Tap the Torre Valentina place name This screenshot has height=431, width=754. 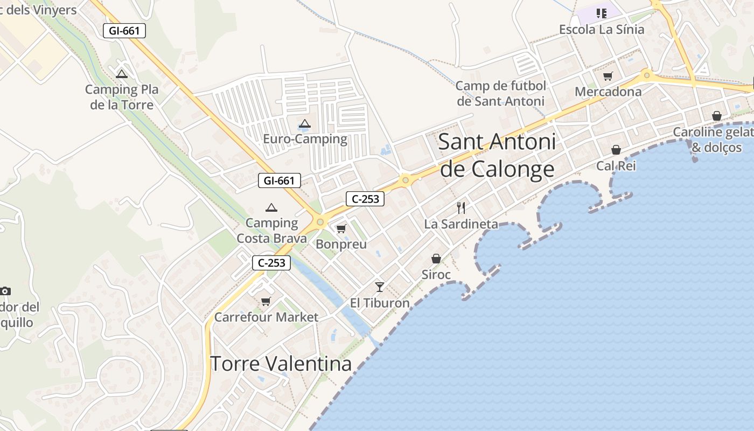click(281, 364)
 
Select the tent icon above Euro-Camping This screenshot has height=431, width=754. click(305, 124)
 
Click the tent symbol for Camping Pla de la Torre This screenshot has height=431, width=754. click(122, 74)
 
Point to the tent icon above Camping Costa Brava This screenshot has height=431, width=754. click(271, 207)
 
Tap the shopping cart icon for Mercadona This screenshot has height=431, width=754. click(608, 77)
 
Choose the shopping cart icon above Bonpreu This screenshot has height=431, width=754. click(341, 229)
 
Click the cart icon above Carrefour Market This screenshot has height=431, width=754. click(266, 301)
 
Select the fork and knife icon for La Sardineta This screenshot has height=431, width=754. click(461, 208)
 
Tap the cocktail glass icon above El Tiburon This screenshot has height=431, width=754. click(380, 287)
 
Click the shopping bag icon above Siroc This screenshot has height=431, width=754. click(436, 259)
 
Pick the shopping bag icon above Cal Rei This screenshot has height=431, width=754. click(616, 150)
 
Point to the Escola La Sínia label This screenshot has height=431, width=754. click(602, 29)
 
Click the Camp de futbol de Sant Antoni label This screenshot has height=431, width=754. click(501, 93)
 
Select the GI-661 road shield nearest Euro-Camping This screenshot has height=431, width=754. click(279, 180)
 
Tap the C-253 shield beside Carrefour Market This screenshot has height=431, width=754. click(271, 263)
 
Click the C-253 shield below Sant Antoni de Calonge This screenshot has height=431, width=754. click(365, 199)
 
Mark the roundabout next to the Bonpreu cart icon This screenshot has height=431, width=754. click(320, 221)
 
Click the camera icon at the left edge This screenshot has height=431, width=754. click(5, 291)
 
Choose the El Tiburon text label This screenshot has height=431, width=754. click(380, 303)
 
